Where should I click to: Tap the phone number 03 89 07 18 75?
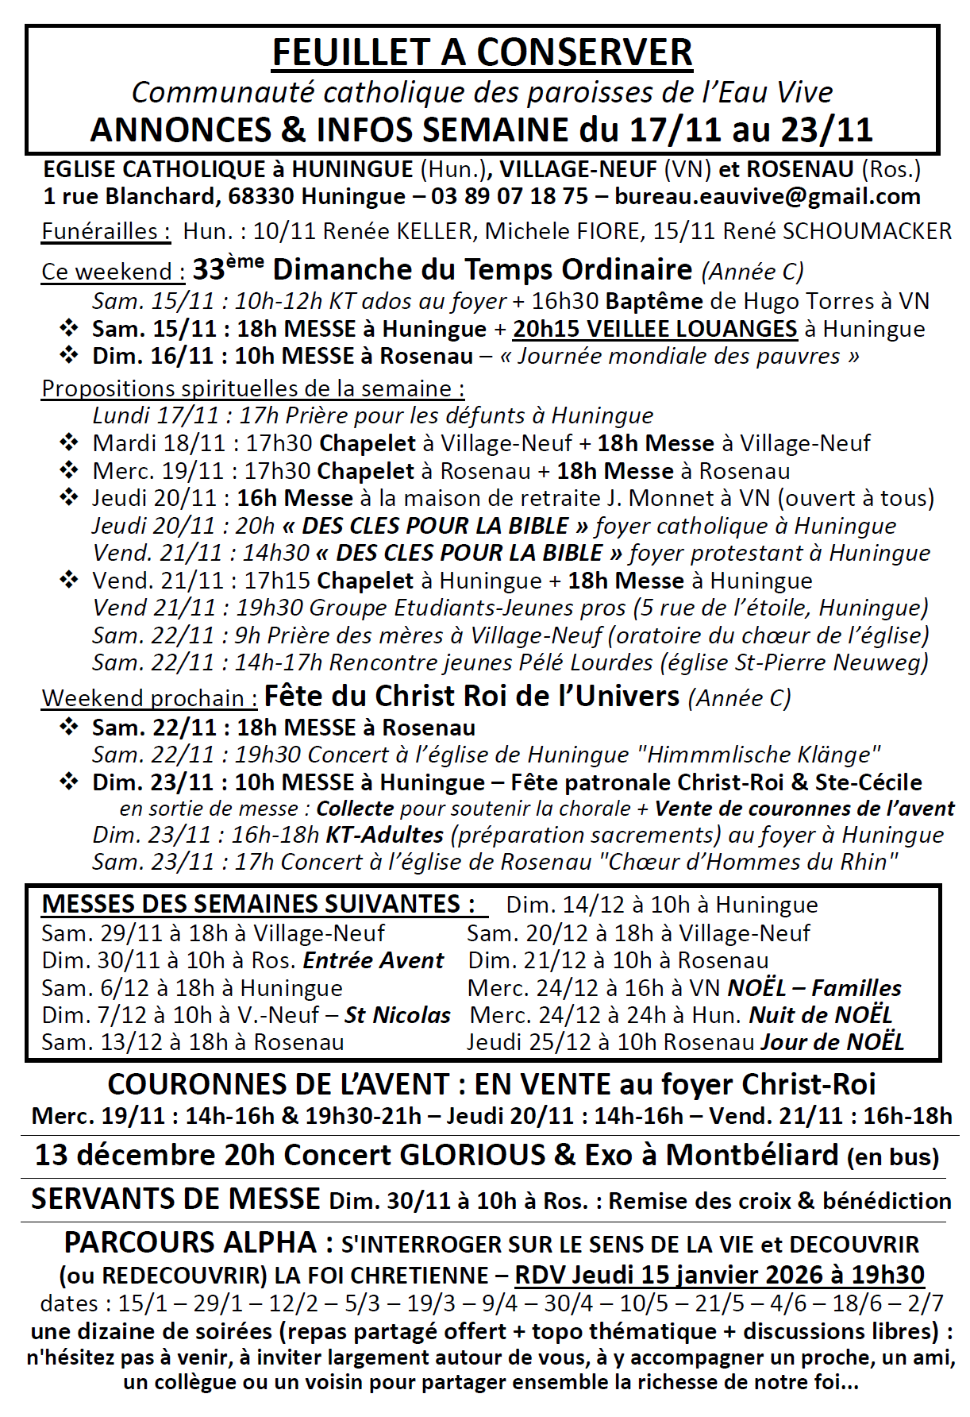510,196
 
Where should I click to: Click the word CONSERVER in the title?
584,52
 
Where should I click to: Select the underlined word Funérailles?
106,231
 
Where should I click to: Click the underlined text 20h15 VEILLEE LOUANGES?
655,329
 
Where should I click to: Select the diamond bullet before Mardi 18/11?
69,442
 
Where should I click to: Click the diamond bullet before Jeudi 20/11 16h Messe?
69,498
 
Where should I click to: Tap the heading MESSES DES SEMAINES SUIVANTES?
258,904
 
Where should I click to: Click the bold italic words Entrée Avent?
373,960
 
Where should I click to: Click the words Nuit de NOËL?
821,1015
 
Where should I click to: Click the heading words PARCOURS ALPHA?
191,1242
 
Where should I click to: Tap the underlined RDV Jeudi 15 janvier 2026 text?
719,1275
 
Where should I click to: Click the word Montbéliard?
752,1154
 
